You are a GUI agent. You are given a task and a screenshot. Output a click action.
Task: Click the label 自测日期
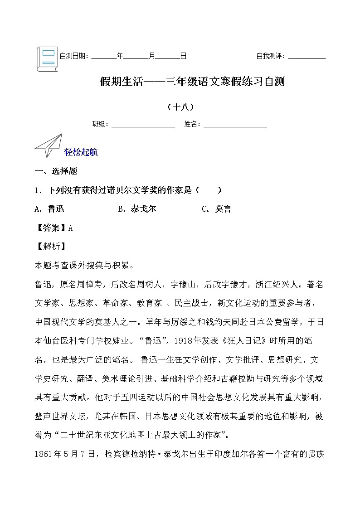coord(74,56)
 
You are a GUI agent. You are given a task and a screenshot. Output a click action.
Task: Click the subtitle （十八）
coord(180,107)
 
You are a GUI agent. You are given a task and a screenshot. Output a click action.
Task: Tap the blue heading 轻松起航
coord(81,152)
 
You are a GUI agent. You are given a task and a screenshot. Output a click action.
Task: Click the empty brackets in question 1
coord(209,190)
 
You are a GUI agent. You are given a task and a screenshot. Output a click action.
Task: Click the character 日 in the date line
coord(183,56)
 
